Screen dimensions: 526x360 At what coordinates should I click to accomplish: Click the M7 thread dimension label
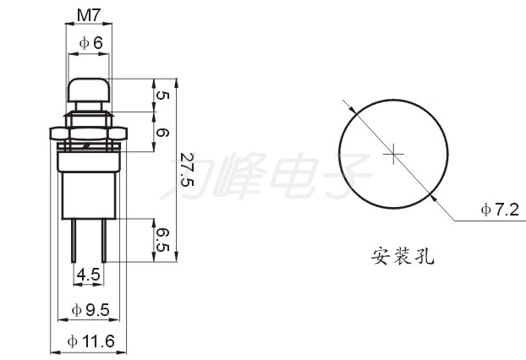pyautogui.click(x=89, y=15)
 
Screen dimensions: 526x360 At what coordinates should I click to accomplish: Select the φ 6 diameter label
pyautogui.click(x=91, y=43)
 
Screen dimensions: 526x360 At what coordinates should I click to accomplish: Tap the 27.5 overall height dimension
pyautogui.click(x=187, y=170)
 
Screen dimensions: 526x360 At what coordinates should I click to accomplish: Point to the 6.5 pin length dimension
pyautogui.click(x=162, y=240)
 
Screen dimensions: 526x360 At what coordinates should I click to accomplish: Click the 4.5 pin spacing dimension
pyautogui.click(x=89, y=275)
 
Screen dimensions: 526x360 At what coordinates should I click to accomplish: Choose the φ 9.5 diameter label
pyautogui.click(x=90, y=310)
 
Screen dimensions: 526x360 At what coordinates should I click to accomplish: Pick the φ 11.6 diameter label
pyautogui.click(x=91, y=341)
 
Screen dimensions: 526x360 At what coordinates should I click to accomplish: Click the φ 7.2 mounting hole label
pyautogui.click(x=500, y=210)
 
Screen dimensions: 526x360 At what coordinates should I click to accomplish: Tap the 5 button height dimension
pyautogui.click(x=162, y=95)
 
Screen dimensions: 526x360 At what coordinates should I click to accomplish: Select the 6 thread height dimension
pyautogui.click(x=162, y=133)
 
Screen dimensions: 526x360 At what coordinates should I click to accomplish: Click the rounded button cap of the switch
pyautogui.click(x=89, y=90)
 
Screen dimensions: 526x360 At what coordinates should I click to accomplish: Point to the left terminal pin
pyautogui.click(x=73, y=240)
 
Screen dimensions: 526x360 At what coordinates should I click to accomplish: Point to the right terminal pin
pyautogui.click(x=104, y=240)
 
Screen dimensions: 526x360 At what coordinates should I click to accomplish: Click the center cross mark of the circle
pyautogui.click(x=393, y=154)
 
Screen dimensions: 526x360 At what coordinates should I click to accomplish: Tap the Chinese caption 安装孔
pyautogui.click(x=403, y=256)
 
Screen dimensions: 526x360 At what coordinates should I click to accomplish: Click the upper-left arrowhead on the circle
pyautogui.click(x=352, y=109)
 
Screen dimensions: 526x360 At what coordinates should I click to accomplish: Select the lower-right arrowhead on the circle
pyautogui.click(x=434, y=198)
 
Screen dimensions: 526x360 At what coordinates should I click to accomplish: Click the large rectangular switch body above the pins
pyautogui.click(x=89, y=196)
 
